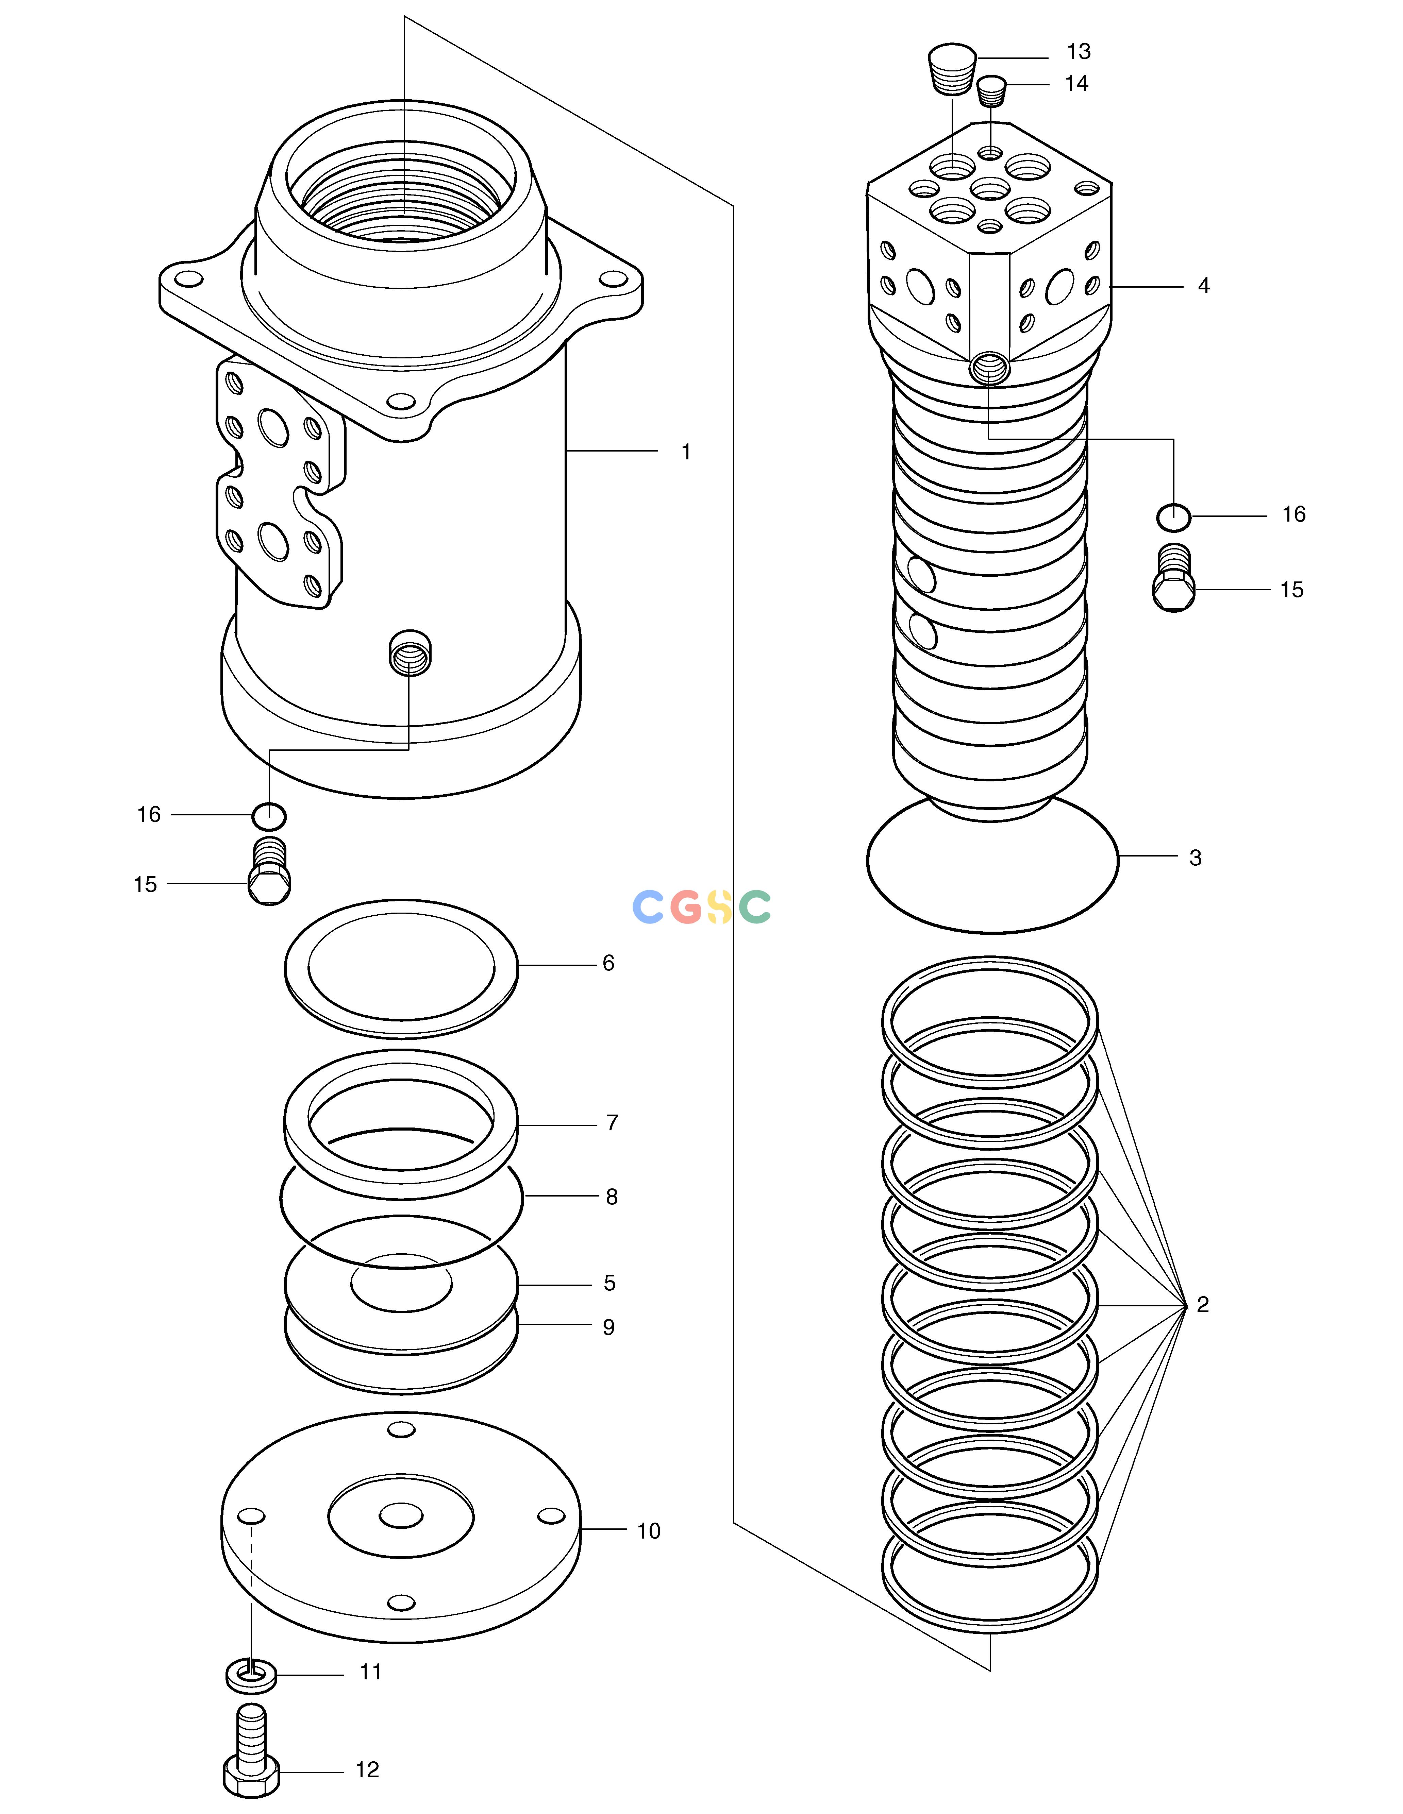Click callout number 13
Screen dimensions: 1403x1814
pyautogui.click(x=1078, y=51)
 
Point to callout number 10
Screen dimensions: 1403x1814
pyautogui.click(x=649, y=1531)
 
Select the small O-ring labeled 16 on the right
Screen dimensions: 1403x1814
pyautogui.click(x=1174, y=516)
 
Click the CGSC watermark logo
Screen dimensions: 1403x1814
pyautogui.click(x=702, y=907)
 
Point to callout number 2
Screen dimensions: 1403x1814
pyautogui.click(x=1203, y=1305)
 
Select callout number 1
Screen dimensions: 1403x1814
pyautogui.click(x=686, y=452)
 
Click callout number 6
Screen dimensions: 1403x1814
pyautogui.click(x=608, y=963)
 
